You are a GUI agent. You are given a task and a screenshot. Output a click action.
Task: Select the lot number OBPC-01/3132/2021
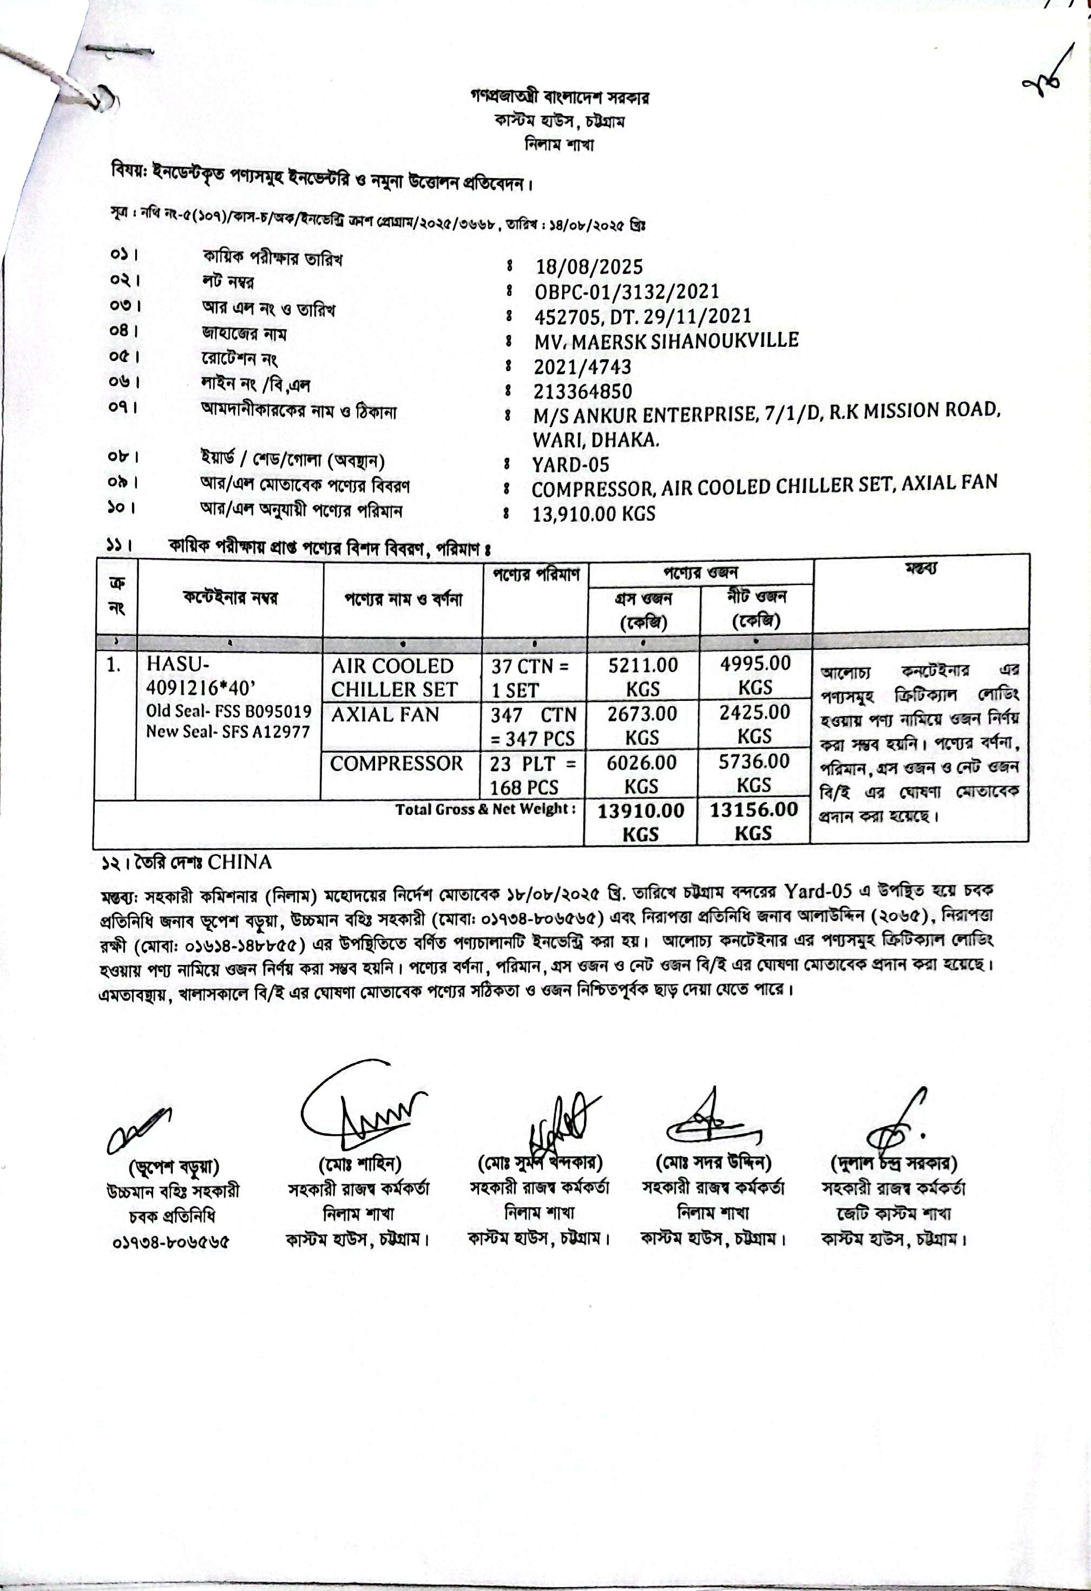click(626, 292)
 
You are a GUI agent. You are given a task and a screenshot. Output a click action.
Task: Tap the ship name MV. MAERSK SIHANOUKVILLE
click(666, 341)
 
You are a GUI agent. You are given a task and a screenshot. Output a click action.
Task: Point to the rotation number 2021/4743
click(582, 367)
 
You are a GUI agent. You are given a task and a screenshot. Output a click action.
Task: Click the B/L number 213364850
click(583, 392)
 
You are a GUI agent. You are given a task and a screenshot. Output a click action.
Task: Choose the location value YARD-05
click(571, 465)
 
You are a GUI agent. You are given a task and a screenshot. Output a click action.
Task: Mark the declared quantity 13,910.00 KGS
click(594, 514)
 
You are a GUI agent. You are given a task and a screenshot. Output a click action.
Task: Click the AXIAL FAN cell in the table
click(385, 715)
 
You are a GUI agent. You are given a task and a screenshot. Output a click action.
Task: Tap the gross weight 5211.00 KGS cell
click(643, 676)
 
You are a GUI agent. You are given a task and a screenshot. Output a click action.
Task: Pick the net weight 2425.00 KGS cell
click(754, 724)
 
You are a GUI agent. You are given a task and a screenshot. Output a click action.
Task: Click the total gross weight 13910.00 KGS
click(641, 822)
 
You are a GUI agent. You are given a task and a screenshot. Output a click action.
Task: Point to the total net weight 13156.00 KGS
click(753, 821)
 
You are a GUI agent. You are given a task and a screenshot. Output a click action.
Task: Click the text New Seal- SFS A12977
click(228, 732)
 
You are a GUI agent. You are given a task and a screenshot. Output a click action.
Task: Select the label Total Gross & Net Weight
click(485, 809)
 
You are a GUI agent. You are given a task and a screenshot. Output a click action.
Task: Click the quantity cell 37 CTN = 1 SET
click(530, 678)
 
